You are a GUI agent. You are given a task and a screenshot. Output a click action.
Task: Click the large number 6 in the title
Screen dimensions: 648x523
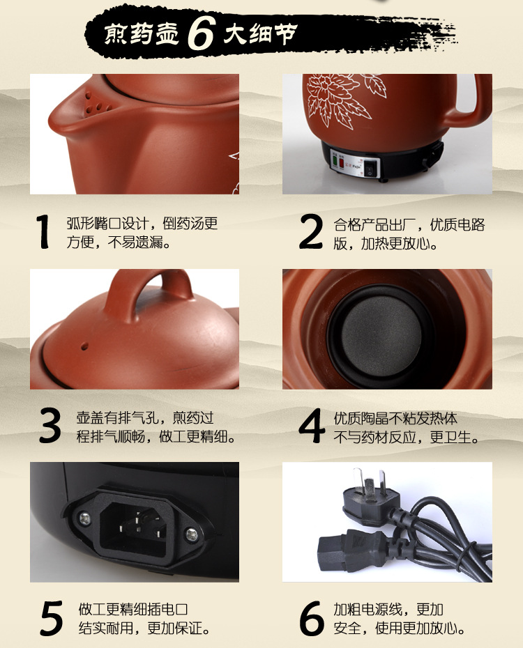200,33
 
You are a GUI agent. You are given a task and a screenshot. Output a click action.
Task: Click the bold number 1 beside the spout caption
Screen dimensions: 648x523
44,232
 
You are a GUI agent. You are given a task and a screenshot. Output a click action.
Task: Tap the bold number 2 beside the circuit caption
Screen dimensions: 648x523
311,232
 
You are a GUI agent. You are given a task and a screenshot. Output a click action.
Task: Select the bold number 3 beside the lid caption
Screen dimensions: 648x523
50,426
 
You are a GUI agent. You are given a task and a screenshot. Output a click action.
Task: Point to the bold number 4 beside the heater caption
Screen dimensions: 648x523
312,426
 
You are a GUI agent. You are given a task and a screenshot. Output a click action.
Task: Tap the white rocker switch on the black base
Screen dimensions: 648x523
370,168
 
